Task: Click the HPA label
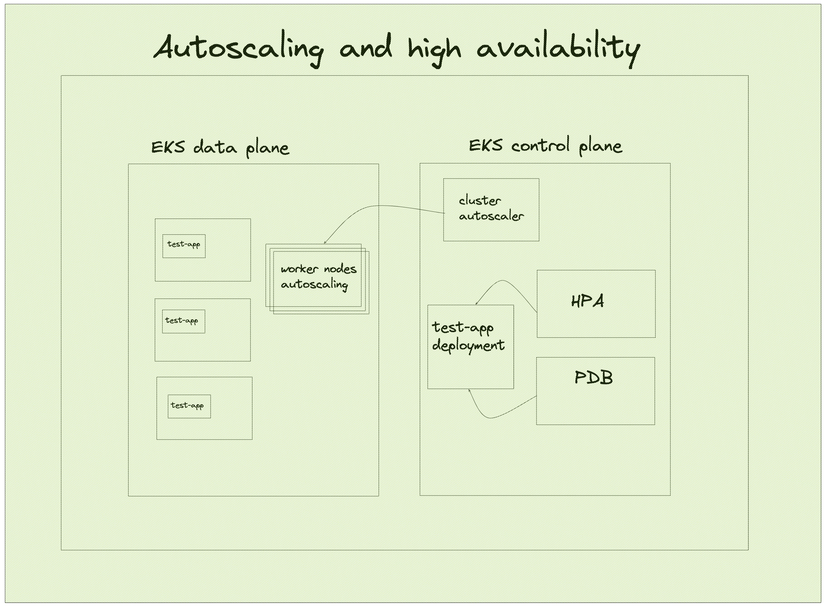pos(587,301)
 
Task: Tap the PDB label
pos(594,377)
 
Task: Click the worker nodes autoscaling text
pos(318,276)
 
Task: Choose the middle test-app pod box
pos(183,321)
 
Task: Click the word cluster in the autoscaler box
pos(480,201)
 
